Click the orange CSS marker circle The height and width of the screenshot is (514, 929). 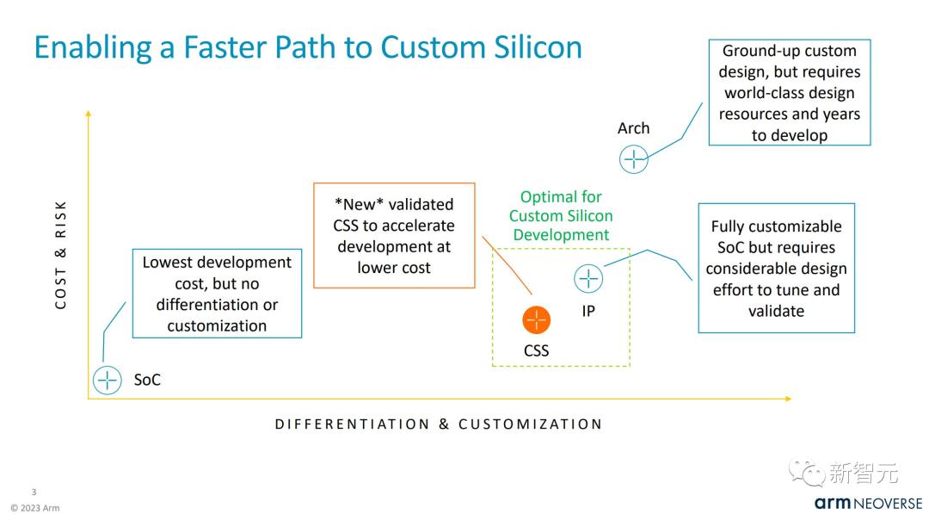click(536, 320)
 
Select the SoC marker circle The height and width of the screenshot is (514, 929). click(108, 380)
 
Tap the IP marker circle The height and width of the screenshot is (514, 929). click(588, 278)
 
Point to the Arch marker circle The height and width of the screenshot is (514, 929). click(633, 159)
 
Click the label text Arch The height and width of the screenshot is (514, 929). click(633, 128)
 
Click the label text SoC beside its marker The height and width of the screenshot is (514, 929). click(147, 380)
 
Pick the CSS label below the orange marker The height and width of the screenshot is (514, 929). click(536, 350)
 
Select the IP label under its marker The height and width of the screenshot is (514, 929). click(588, 311)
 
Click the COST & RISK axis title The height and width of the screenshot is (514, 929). click(60, 255)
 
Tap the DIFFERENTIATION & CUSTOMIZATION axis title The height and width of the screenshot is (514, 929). click(439, 424)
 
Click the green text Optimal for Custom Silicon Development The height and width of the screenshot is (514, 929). click(561, 216)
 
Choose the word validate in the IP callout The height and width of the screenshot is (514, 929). click(776, 311)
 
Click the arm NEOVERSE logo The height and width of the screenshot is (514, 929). click(869, 504)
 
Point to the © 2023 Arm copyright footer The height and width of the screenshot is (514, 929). click(35, 507)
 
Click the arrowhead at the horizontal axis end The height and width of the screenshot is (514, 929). click(789, 399)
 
